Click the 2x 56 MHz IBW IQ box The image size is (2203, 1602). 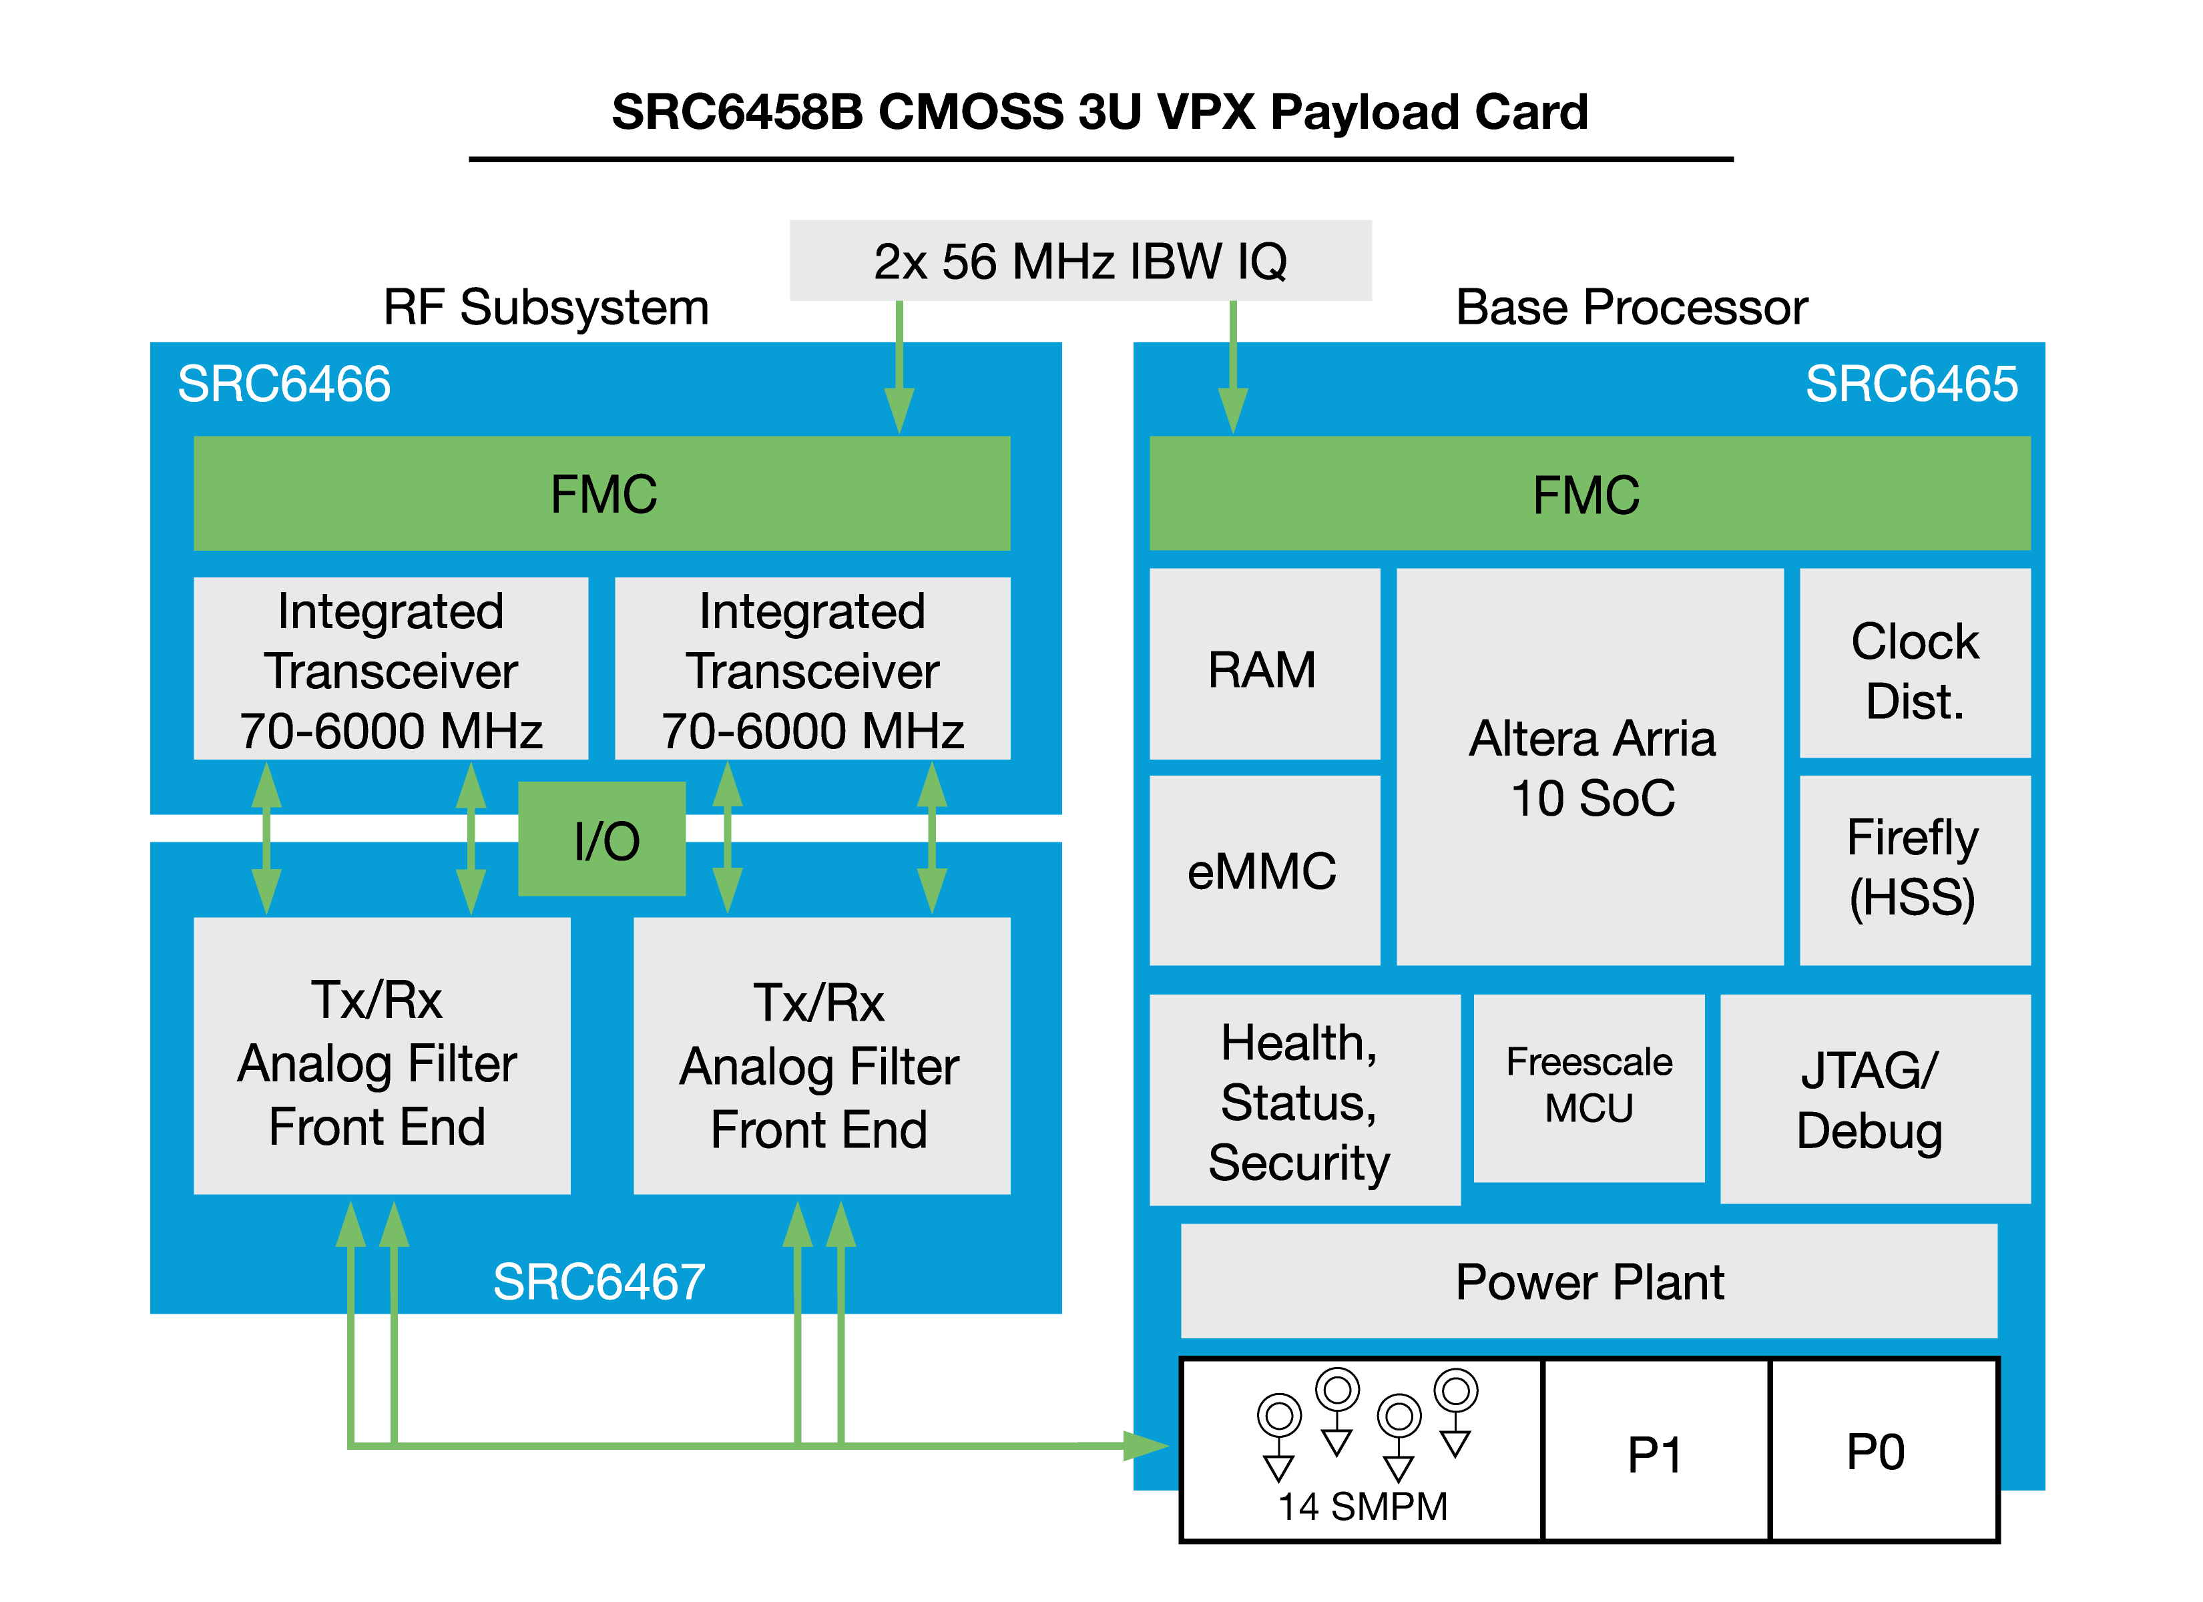[x=1080, y=260]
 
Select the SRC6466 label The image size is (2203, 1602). [x=284, y=384]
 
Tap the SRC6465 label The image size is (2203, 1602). [x=1911, y=384]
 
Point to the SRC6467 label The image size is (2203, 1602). [x=598, y=1282]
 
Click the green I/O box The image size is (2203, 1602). [x=602, y=839]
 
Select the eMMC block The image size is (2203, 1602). [x=1264, y=870]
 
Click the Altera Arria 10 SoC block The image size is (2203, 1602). [x=1590, y=768]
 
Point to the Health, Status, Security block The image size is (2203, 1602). [x=1304, y=1100]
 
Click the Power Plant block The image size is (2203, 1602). [x=1589, y=1282]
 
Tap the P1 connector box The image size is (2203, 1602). [x=1655, y=1452]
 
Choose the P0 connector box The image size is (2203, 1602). [x=1883, y=1450]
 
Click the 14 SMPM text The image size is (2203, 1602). [x=1362, y=1507]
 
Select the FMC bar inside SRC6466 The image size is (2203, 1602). [x=602, y=493]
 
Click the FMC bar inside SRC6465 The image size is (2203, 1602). [x=1589, y=493]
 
